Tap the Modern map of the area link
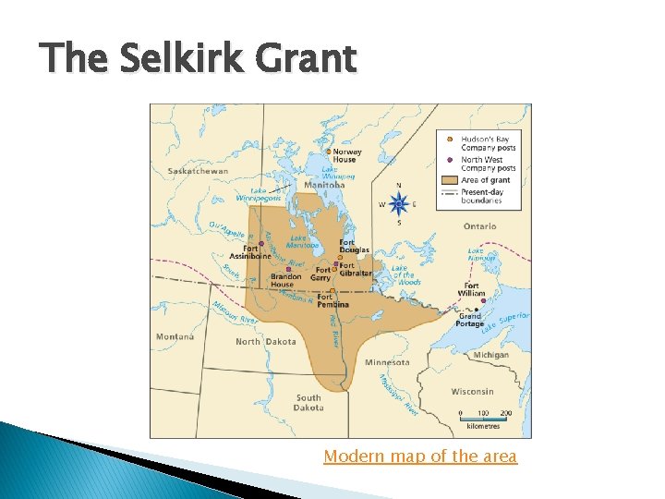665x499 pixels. point(420,456)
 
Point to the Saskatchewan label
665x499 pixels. point(198,171)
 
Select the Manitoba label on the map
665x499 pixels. point(323,185)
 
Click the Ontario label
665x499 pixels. point(480,226)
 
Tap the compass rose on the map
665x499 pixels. point(399,203)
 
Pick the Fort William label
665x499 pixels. point(471,289)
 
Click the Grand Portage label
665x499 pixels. point(471,320)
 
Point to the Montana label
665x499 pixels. point(175,336)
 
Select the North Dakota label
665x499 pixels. point(266,342)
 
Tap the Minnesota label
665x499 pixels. point(389,362)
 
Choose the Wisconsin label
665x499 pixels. point(472,391)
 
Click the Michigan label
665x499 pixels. point(490,355)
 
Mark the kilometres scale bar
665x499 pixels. point(484,420)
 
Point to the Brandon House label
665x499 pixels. point(286,281)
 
